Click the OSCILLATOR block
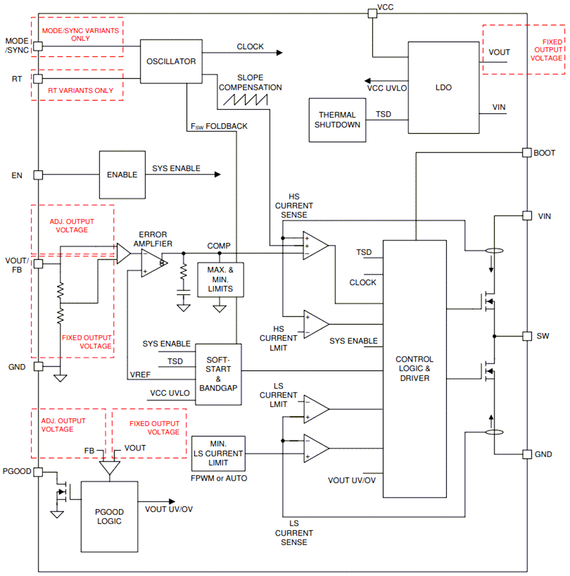point(171,61)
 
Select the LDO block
point(443,88)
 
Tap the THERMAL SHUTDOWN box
point(337,119)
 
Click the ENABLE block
point(122,175)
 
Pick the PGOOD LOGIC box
point(109,516)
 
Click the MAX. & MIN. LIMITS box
point(220,279)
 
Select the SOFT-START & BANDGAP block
point(218,374)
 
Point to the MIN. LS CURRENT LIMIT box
point(218,453)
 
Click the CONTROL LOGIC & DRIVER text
point(414,368)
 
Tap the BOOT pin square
point(527,152)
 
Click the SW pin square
point(527,336)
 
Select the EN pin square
point(38,175)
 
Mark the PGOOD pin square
point(38,472)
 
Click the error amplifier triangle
point(152,263)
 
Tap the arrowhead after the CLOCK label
point(279,52)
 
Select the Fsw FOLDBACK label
point(219,126)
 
